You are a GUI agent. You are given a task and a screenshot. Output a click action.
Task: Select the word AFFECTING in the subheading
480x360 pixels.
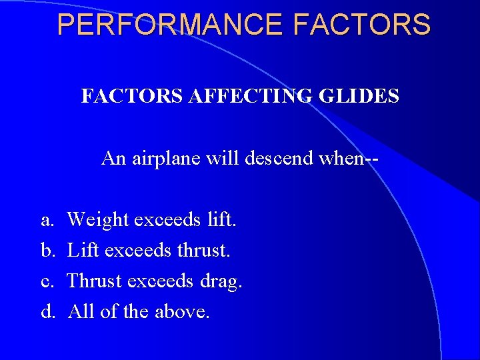coord(247,97)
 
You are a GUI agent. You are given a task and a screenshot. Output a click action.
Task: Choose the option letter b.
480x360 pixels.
coord(47,250)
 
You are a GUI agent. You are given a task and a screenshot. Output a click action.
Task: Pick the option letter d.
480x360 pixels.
coord(47,311)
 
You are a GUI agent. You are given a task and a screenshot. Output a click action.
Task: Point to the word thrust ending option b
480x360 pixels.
coord(203,250)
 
